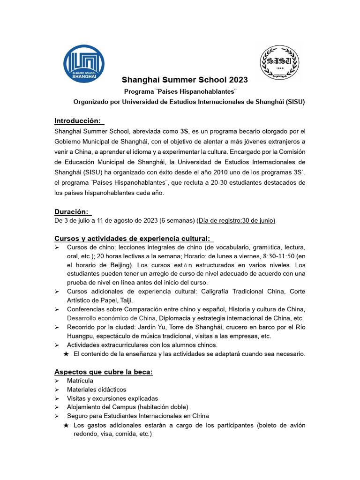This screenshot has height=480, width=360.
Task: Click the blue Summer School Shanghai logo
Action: coord(84,63)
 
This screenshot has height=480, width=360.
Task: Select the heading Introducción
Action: coord(77,121)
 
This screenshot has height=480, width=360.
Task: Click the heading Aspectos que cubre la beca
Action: coord(104,372)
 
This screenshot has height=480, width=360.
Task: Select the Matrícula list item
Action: coord(80,381)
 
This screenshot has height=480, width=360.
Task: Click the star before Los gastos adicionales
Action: coord(66,425)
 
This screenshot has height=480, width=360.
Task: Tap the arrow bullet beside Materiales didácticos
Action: coord(57,390)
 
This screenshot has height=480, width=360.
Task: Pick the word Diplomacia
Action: coord(177,318)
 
